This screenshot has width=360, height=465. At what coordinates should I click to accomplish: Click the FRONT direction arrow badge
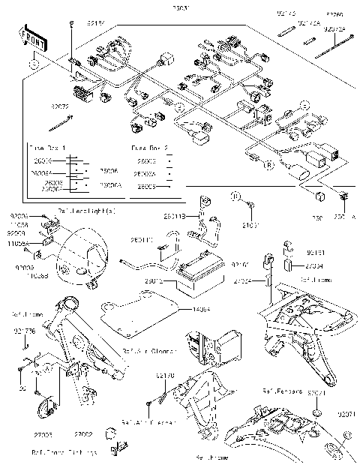click(34, 43)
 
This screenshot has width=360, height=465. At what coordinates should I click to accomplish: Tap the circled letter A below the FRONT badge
click(34, 65)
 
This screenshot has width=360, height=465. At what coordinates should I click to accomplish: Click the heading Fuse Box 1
click(46, 148)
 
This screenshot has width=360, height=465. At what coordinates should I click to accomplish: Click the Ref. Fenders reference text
click(282, 391)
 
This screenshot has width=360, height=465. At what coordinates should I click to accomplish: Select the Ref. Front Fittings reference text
click(64, 453)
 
